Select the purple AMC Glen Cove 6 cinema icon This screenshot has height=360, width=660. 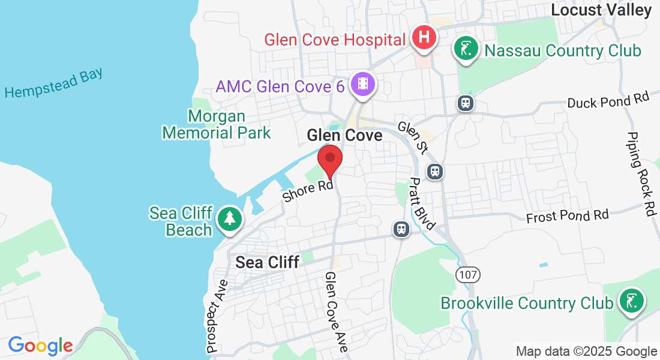(x=362, y=85)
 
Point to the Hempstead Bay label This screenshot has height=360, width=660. (x=54, y=83)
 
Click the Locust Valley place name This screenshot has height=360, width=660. (x=601, y=10)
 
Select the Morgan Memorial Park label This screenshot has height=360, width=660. (x=217, y=124)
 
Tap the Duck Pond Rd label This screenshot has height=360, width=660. (x=608, y=100)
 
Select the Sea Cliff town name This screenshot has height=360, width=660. (x=267, y=262)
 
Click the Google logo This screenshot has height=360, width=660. (x=40, y=346)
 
